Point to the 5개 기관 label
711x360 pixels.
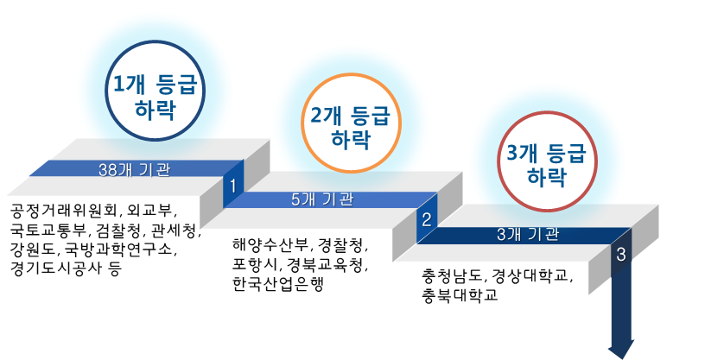coord(321,199)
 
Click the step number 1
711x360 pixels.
coord(232,184)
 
